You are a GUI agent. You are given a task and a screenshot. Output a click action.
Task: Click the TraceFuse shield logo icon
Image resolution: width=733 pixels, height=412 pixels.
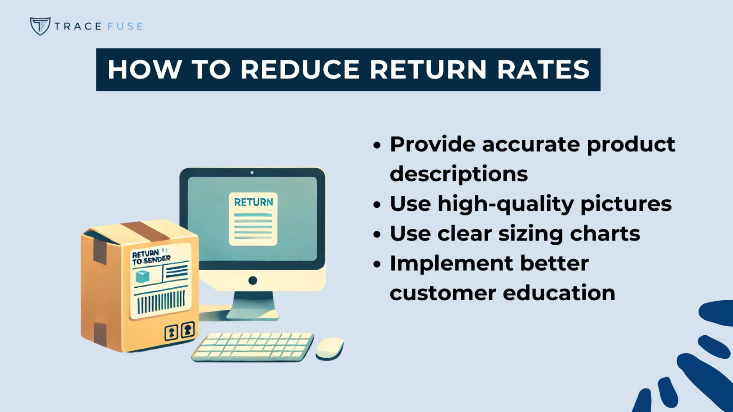point(40,26)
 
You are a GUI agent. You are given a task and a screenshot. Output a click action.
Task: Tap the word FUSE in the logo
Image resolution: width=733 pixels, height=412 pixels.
point(125,26)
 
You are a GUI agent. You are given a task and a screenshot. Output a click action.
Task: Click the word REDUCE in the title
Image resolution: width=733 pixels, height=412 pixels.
point(300,70)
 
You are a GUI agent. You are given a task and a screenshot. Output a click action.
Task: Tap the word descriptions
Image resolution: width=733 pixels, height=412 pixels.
point(459,174)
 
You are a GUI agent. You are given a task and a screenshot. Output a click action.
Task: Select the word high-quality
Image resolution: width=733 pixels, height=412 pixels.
point(505,204)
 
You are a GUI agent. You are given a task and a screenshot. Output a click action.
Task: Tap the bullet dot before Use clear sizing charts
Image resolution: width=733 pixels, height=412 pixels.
point(377,234)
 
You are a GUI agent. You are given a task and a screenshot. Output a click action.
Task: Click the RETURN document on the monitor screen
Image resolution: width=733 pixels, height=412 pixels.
point(253,219)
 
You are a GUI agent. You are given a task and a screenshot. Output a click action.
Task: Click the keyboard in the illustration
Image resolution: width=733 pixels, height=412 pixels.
point(253,346)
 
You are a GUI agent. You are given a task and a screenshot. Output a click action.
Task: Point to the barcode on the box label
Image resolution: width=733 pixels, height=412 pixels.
point(161,302)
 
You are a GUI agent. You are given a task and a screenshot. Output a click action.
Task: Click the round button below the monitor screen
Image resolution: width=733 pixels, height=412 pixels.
point(252,281)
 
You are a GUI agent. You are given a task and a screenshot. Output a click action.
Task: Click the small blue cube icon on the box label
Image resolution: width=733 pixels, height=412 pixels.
point(142,276)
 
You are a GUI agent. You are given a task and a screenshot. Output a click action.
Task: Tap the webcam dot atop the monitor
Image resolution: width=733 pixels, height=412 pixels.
point(252,172)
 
